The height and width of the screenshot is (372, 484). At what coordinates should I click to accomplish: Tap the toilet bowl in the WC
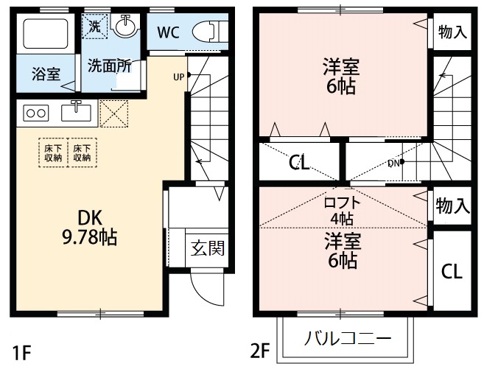[206, 32]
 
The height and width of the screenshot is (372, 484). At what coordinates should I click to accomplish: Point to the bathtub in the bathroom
[46, 33]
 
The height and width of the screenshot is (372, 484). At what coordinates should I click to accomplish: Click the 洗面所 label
[109, 66]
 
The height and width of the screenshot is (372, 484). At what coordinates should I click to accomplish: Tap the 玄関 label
[207, 248]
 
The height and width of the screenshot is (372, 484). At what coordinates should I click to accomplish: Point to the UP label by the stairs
[179, 76]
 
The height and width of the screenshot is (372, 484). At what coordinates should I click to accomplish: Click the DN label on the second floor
[393, 164]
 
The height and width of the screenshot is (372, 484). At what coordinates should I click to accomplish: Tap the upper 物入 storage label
[452, 32]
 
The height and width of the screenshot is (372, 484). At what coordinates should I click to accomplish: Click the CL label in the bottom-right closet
[452, 271]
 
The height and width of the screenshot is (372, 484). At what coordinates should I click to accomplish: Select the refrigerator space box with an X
[114, 113]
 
